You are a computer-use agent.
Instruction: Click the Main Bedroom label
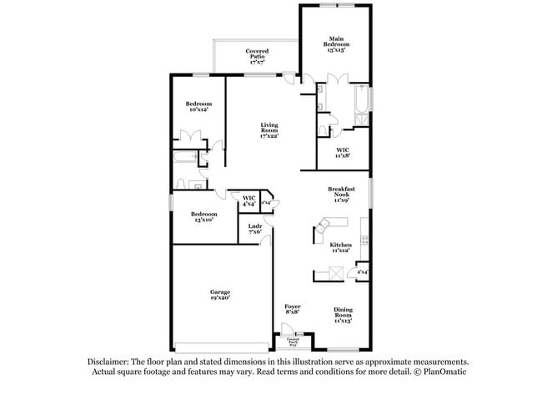point(336,43)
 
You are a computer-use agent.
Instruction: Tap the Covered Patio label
point(256,56)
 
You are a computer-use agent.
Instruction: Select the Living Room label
point(268,129)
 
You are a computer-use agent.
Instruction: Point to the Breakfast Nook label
point(340,195)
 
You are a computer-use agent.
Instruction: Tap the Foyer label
point(292,309)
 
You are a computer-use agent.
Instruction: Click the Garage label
point(220,294)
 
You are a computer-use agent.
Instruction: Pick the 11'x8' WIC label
point(342,152)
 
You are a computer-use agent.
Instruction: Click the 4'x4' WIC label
point(248,201)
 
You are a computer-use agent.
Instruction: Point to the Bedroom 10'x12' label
point(198,106)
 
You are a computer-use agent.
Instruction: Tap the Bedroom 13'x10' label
point(204,216)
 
